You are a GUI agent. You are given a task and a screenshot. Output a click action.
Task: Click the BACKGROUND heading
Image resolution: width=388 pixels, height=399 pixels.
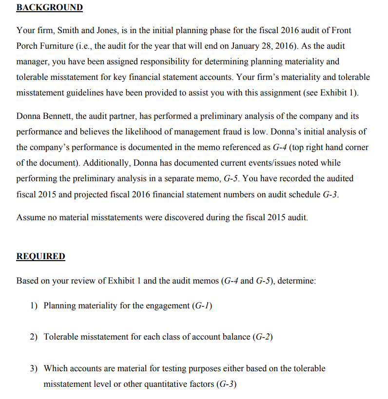pos(49,8)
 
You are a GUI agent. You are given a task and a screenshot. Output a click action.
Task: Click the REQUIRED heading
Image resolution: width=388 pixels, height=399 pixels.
pos(40,256)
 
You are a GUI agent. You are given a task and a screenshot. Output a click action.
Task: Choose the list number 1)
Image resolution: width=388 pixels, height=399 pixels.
pos(34,305)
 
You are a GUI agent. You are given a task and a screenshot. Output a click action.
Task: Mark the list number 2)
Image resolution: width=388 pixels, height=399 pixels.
pos(34,337)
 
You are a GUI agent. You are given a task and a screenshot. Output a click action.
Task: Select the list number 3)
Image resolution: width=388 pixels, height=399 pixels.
pos(34,368)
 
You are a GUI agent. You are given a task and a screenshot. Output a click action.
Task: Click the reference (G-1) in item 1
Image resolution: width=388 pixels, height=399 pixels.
pos(203,305)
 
